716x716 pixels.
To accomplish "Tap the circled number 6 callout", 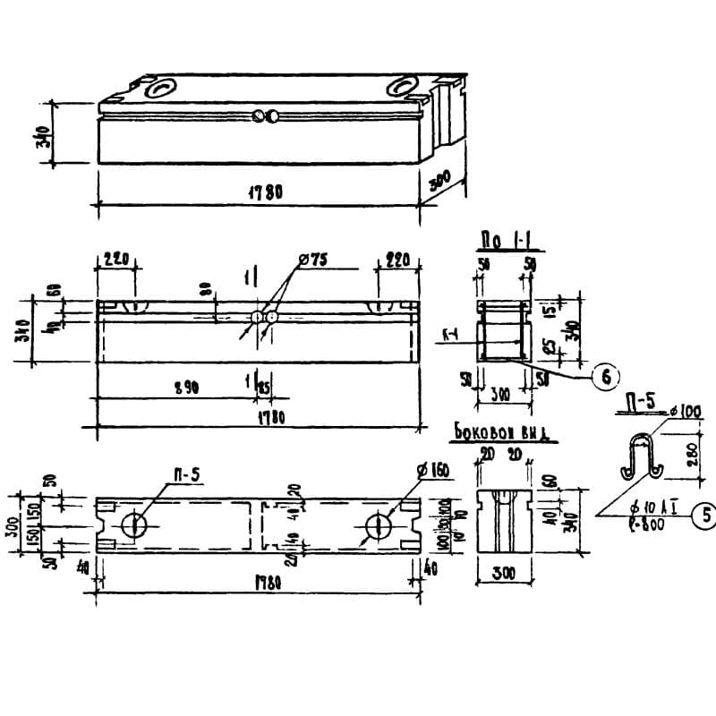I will point(606,377).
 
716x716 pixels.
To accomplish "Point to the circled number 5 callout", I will point(705,516).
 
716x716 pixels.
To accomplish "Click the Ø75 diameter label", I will point(316,260).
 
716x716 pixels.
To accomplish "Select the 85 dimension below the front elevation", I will point(264,387).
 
